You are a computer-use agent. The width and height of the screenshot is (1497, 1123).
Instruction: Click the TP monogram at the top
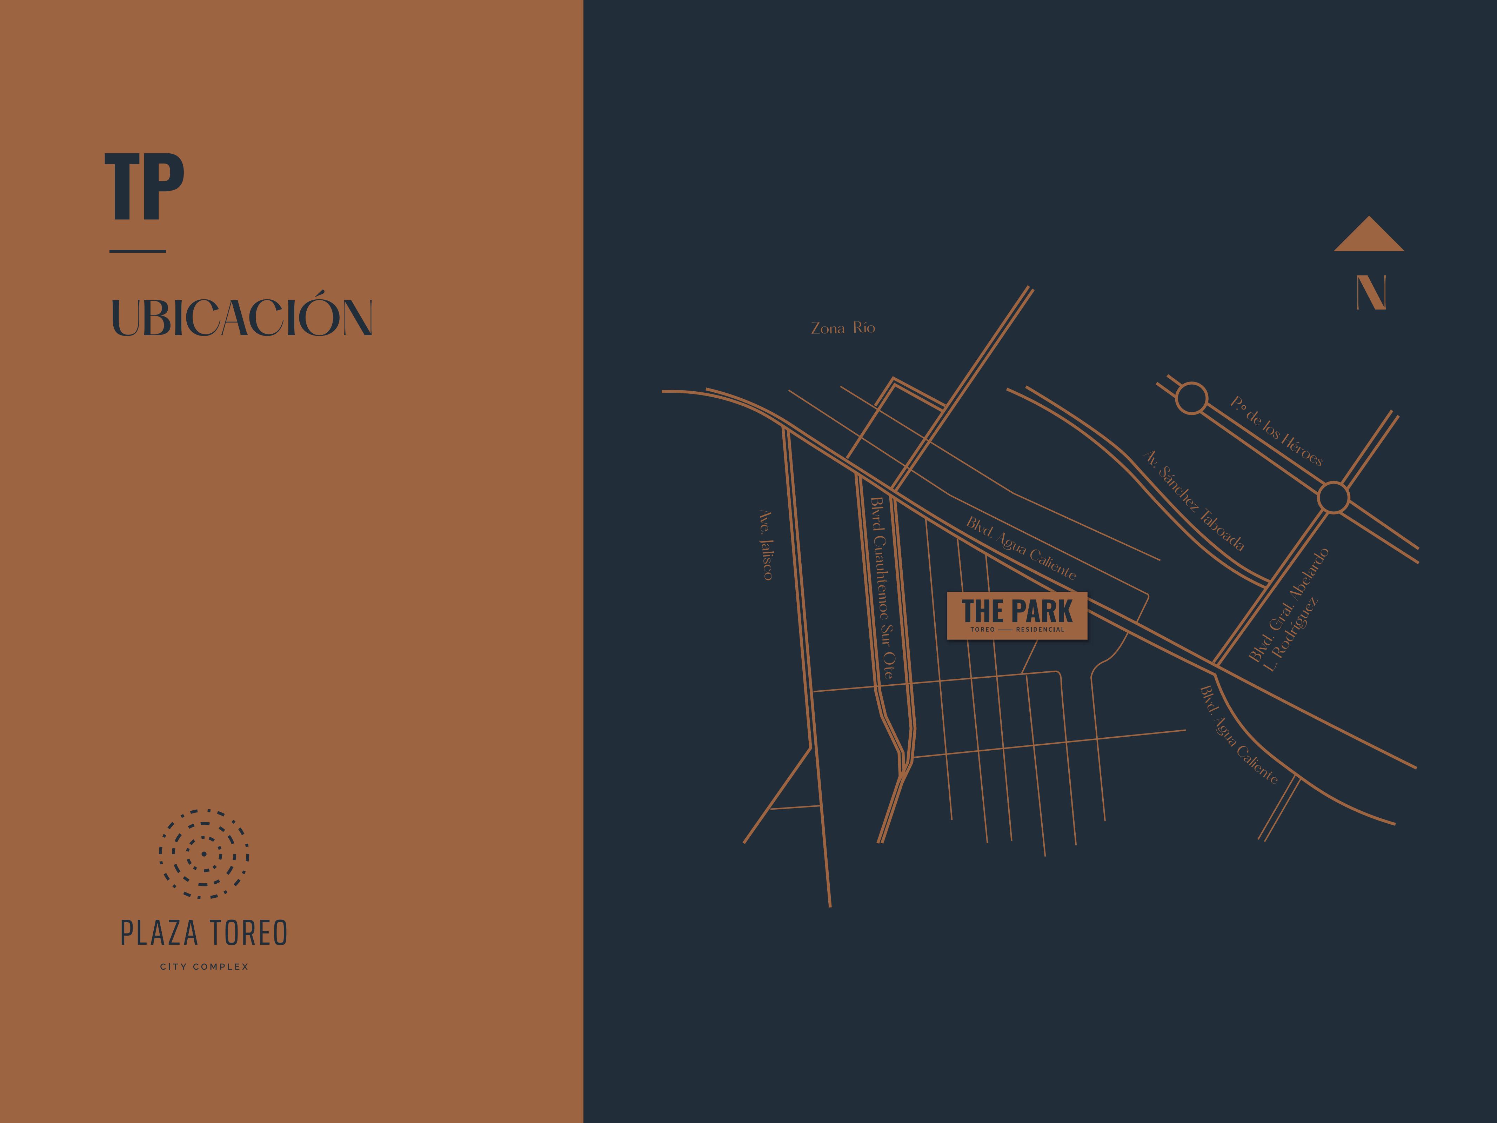click(144, 187)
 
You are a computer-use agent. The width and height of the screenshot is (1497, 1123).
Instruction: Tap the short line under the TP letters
click(138, 251)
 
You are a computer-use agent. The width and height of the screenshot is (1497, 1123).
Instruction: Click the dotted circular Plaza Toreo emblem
click(204, 853)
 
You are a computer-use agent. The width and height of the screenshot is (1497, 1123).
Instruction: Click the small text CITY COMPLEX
click(204, 966)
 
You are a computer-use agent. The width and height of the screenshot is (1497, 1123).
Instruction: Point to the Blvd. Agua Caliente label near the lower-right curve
click(1238, 735)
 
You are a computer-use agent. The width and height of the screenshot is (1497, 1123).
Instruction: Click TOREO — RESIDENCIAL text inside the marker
click(1017, 630)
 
